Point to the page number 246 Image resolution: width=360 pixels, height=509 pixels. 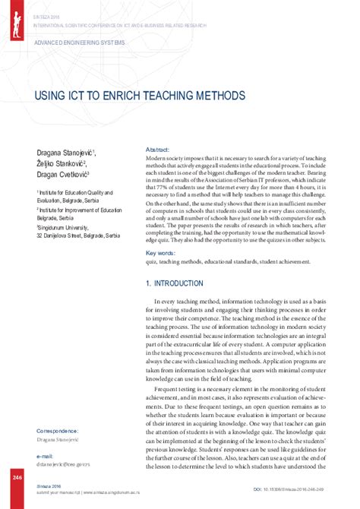pyautogui.click(x=16, y=477)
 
